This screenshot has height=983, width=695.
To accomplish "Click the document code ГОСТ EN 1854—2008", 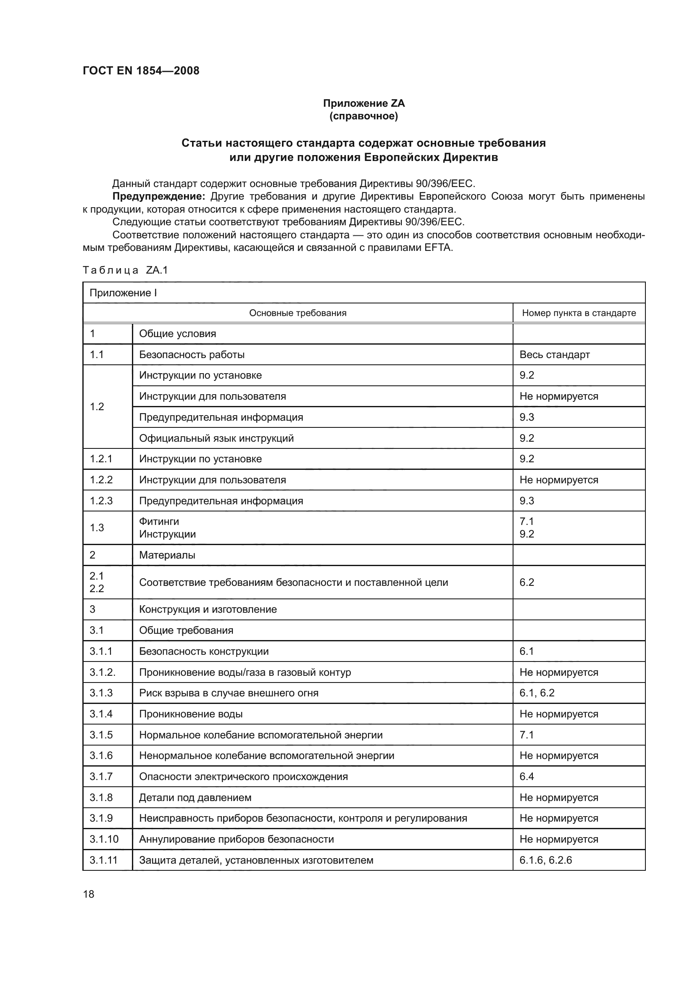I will point(141,71).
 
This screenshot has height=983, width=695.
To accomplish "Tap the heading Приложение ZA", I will point(363,103).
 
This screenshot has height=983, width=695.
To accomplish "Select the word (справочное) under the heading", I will point(363,116).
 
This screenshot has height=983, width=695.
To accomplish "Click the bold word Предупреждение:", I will point(158,197).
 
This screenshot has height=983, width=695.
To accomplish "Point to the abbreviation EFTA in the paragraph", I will point(438,248).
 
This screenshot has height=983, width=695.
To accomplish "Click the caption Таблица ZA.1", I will point(125,270).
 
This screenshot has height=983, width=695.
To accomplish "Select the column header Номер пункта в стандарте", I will point(579,313).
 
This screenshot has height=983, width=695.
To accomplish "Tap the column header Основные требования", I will point(297,313).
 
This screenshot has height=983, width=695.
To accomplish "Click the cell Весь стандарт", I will point(554,355).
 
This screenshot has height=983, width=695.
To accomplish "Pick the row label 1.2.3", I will point(101,501).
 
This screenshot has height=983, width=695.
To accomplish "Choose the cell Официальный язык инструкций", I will point(216,438).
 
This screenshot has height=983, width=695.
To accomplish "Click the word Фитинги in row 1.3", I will point(159,522).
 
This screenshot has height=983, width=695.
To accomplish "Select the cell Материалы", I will point(167,555).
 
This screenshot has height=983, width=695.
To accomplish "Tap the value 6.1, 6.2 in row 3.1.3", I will point(537,693).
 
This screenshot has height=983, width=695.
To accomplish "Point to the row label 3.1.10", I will point(103,839).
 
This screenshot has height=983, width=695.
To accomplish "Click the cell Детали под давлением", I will point(195,798).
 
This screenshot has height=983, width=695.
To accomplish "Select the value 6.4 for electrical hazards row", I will point(527,777).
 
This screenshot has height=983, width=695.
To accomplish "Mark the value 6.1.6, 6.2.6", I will point(545,860).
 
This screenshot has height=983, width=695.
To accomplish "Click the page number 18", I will point(89,894).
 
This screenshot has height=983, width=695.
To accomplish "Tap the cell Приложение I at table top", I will point(123,293).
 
